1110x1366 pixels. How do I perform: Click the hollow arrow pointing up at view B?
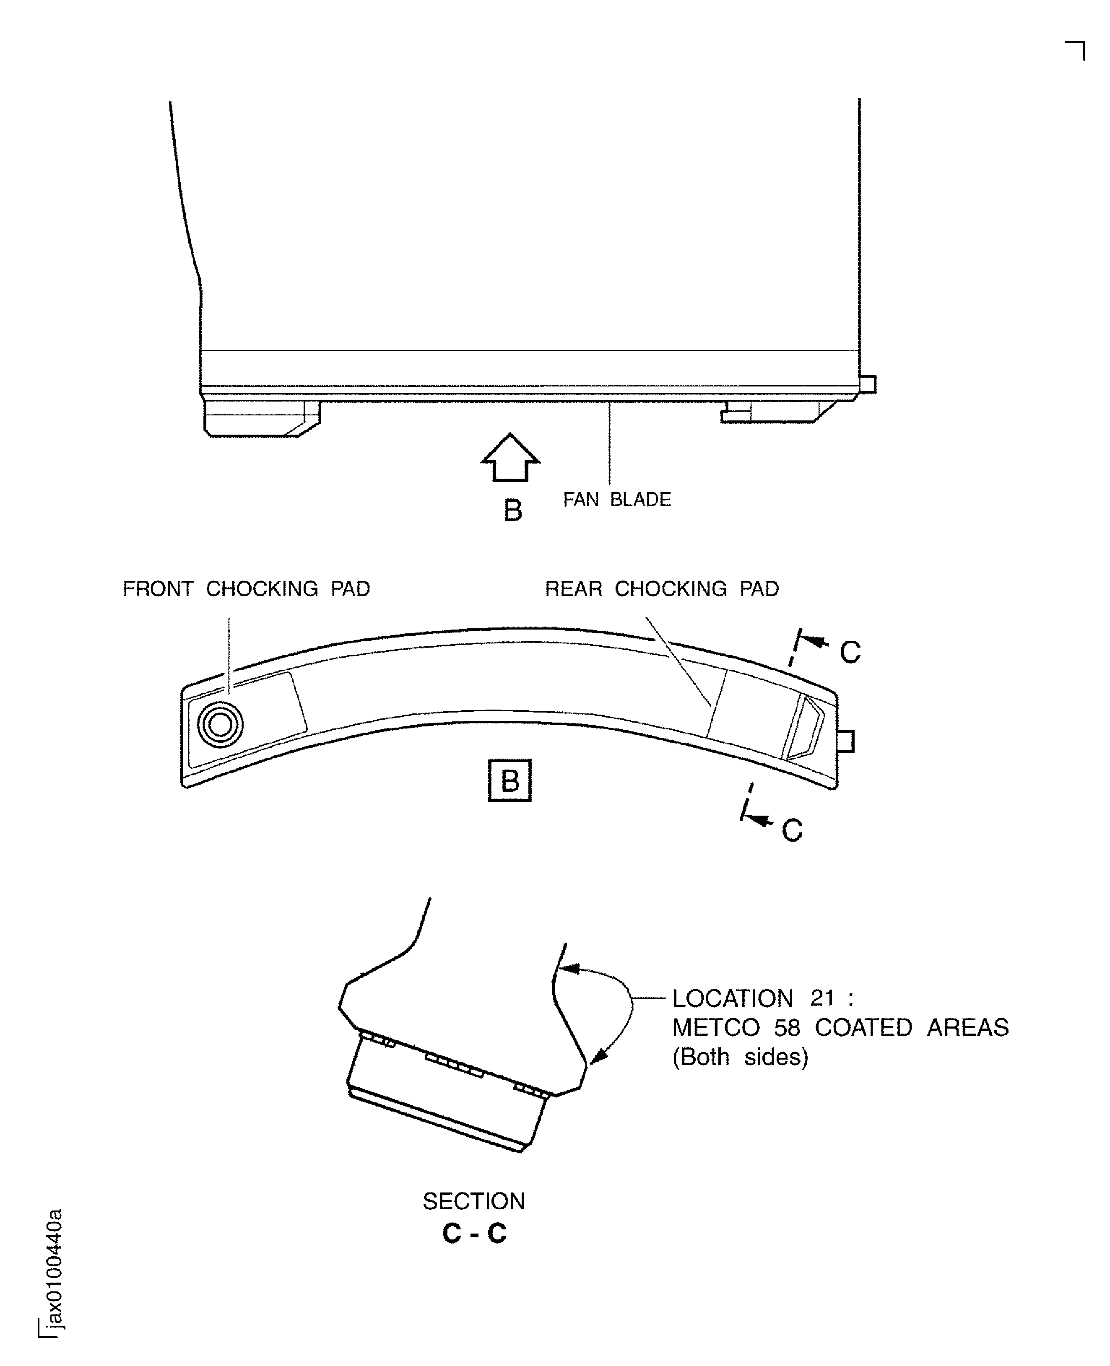[510, 458]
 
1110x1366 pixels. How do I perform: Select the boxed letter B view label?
[510, 780]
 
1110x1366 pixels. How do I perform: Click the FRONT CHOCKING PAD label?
[246, 589]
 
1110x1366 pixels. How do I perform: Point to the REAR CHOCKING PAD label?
[662, 589]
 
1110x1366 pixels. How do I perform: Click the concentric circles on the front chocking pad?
[221, 725]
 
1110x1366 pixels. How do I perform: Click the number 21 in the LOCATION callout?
[822, 998]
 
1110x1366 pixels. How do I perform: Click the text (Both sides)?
[741, 1057]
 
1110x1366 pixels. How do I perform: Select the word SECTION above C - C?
[474, 1201]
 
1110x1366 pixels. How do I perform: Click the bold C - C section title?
[474, 1233]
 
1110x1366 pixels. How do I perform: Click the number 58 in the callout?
[787, 1028]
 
